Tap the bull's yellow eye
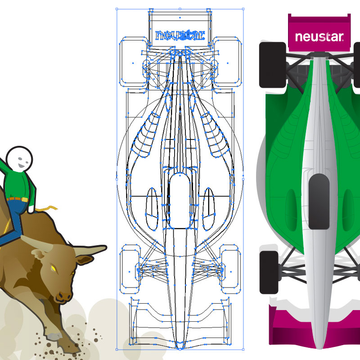click(x=53, y=269)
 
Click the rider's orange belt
click(x=18, y=198)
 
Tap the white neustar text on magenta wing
click(x=319, y=36)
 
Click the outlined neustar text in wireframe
click(x=180, y=35)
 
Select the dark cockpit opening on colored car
click(x=320, y=200)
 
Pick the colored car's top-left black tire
click(x=272, y=65)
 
